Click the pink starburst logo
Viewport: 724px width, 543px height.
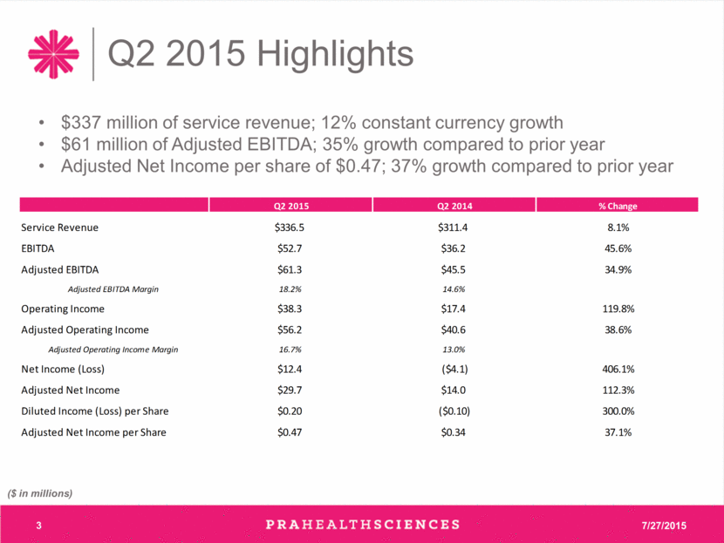(53, 54)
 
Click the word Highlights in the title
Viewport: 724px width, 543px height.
(335, 54)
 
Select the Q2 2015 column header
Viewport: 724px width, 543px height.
(290, 206)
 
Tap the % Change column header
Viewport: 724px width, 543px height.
(618, 206)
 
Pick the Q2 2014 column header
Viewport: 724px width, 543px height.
(454, 206)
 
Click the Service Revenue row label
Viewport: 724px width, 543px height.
(59, 227)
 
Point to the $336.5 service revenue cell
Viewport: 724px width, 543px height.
(290, 227)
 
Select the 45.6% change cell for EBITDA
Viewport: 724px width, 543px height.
(618, 248)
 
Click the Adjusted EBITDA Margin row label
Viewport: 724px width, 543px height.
(113, 289)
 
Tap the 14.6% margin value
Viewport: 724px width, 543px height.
(454, 289)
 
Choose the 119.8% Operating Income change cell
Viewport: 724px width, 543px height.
(618, 309)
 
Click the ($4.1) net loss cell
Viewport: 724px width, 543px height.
(454, 369)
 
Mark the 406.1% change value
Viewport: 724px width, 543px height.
(618, 369)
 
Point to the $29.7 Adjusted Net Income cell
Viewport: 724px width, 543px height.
(290, 390)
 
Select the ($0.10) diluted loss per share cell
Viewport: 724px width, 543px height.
(454, 411)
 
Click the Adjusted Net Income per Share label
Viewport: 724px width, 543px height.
(93, 432)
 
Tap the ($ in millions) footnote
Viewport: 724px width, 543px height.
(40, 493)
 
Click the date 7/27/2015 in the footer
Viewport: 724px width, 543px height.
(664, 526)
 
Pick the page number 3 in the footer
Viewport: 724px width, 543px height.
(38, 526)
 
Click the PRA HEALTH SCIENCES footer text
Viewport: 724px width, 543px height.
(363, 525)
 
